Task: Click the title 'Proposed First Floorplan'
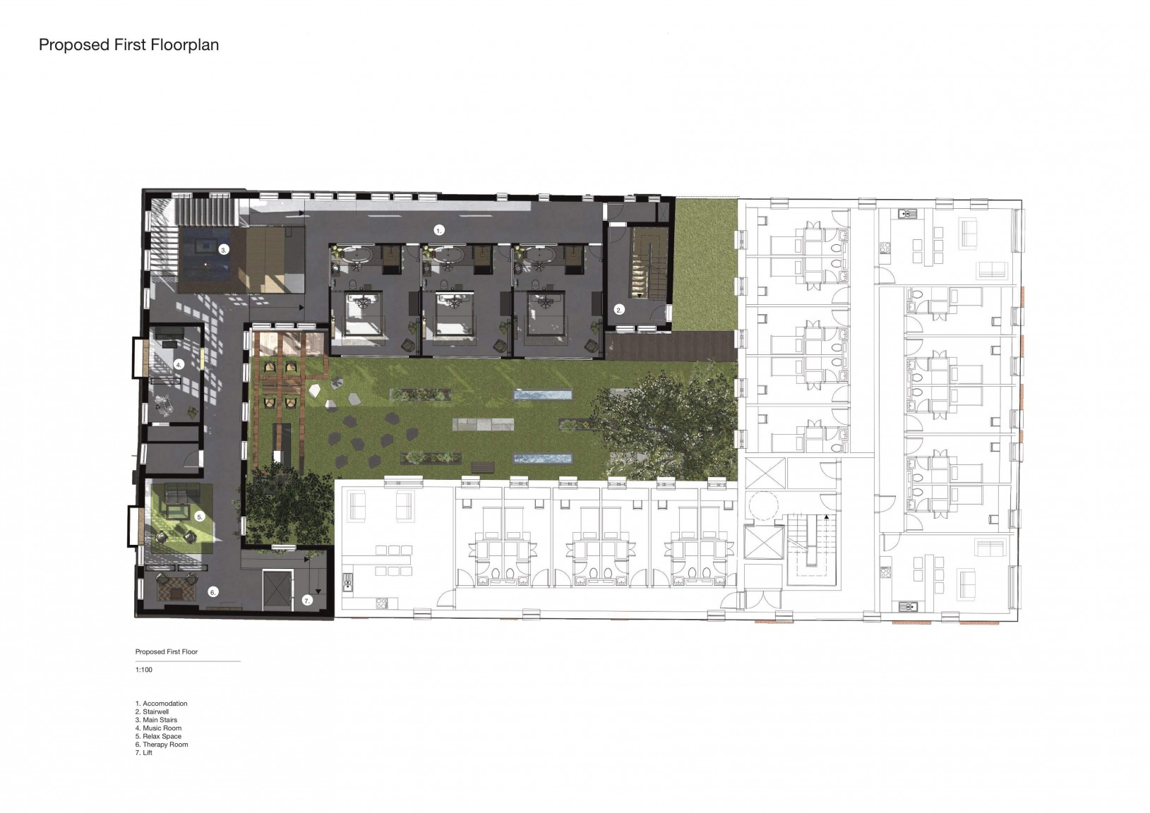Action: pos(129,45)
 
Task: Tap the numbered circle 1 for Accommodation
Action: pos(438,231)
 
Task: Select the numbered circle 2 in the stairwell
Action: pos(618,310)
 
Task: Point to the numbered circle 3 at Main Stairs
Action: pos(223,250)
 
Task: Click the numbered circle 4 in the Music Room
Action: pos(179,365)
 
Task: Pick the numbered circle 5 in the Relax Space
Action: pos(200,517)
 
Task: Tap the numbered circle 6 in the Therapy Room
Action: pos(212,592)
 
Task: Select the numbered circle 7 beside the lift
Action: pos(307,600)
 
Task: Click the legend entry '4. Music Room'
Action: pos(159,728)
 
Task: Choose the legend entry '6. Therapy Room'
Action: pos(162,745)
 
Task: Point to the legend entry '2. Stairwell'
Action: pos(152,711)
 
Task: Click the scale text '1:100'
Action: pos(144,670)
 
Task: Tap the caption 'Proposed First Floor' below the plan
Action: pos(167,652)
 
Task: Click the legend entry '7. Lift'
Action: pos(144,752)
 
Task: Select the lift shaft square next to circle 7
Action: pos(277,590)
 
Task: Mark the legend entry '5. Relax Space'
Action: pos(159,736)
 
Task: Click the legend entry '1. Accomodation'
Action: pos(161,703)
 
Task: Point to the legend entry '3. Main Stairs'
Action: pos(156,720)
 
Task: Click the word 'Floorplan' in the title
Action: pos(185,45)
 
